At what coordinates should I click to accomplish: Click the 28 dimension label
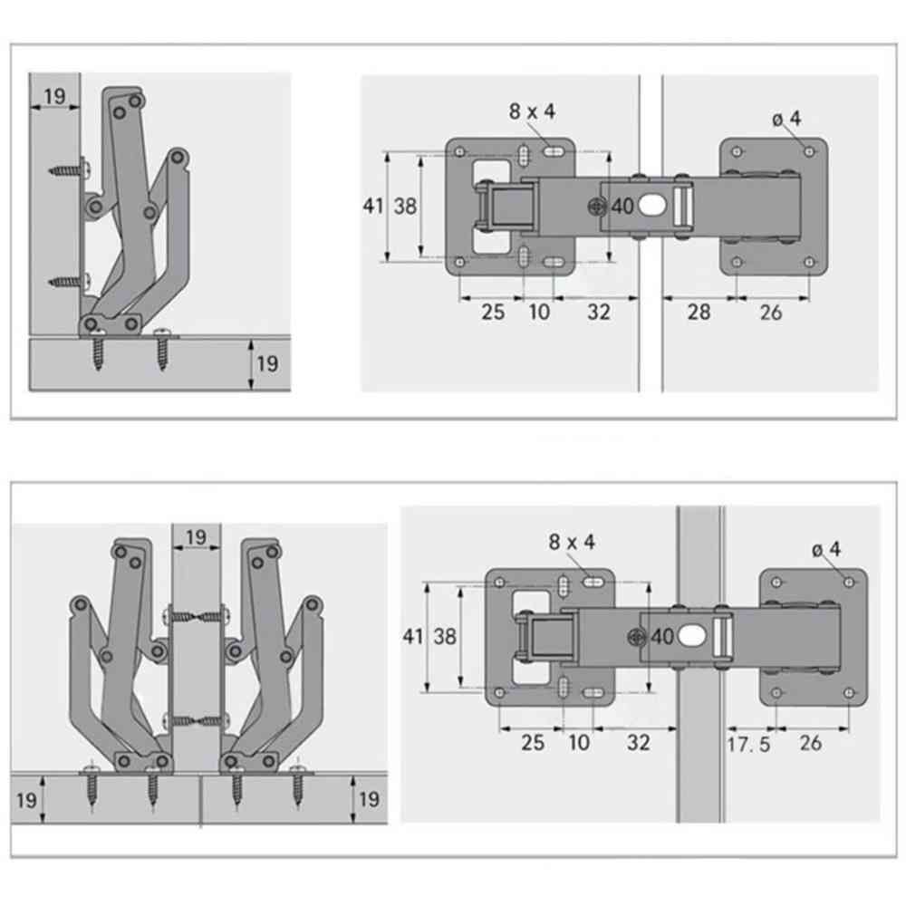[x=699, y=312]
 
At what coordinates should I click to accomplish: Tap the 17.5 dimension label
[x=749, y=744]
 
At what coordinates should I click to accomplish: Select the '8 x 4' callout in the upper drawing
[x=532, y=111]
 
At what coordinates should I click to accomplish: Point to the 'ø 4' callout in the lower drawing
[x=826, y=549]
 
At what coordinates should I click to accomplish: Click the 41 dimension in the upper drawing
[x=372, y=206]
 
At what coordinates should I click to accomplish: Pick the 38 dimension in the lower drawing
[x=445, y=637]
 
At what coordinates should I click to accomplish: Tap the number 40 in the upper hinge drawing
[x=622, y=206]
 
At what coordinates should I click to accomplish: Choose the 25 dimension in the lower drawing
[x=533, y=743]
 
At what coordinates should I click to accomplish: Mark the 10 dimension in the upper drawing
[x=539, y=312]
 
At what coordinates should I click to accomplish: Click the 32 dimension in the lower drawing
[x=639, y=743]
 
